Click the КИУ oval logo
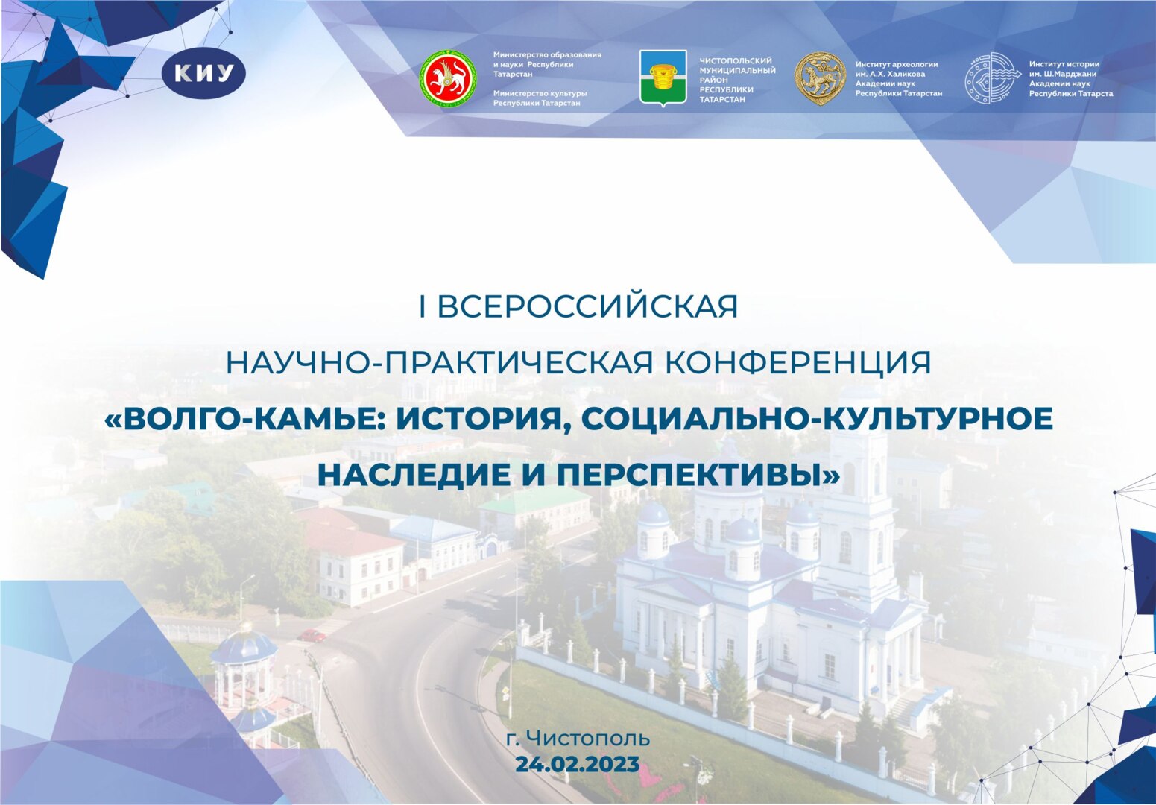pos(203,74)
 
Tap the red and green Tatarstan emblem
pos(447,78)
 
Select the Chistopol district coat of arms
pos(663,78)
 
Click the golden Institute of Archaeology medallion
pos(819,78)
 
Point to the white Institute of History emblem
pos(991,78)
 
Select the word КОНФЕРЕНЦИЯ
pos(797,363)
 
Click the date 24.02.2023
pos(578,765)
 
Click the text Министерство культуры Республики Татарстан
pos(540,98)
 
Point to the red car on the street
pos(312,635)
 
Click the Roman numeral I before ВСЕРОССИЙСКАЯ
pos(423,307)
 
